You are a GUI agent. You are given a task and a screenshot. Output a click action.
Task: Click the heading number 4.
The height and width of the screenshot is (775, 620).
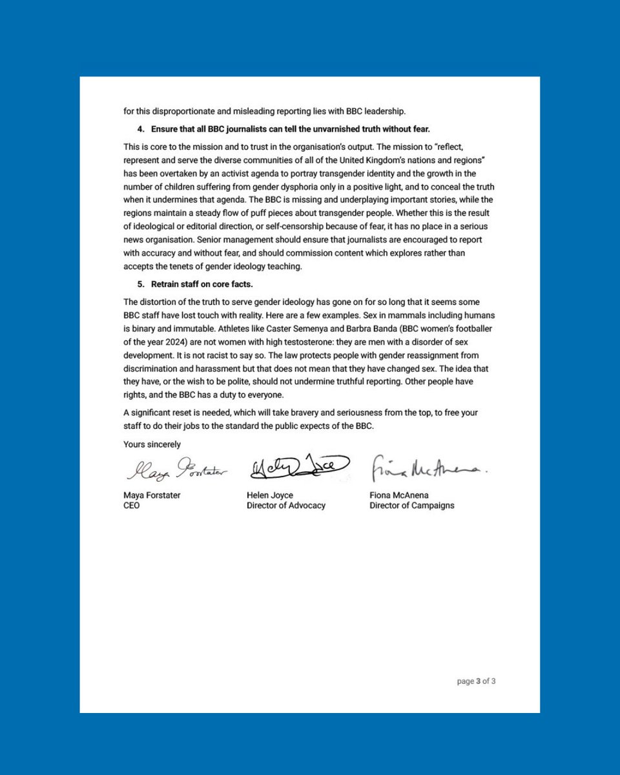point(141,129)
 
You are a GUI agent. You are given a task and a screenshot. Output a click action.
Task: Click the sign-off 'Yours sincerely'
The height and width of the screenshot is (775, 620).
point(152,444)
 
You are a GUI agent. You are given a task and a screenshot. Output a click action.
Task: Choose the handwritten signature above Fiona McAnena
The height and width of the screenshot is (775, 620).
point(427,470)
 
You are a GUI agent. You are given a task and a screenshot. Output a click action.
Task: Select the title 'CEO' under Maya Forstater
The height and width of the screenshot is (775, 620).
point(132,506)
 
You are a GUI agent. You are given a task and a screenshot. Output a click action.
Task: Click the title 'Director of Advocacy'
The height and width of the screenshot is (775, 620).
point(285,506)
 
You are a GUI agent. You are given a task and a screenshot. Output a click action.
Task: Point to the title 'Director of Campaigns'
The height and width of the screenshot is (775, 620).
point(411,506)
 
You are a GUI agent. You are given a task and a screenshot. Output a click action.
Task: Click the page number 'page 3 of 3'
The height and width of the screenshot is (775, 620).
point(477,681)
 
